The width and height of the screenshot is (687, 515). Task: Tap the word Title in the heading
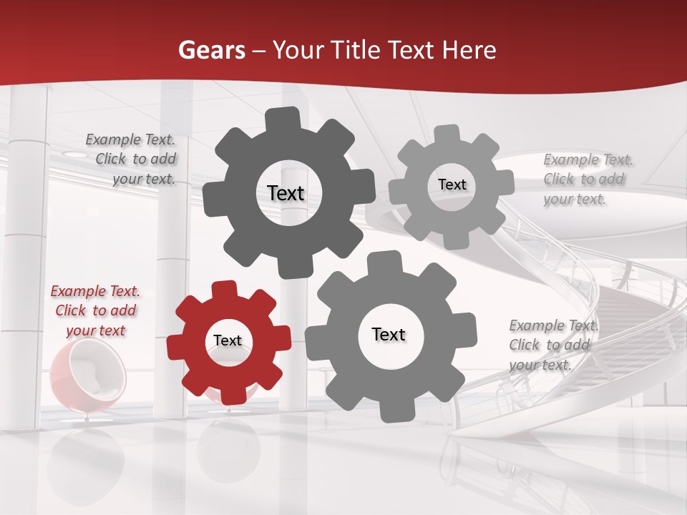coord(354,50)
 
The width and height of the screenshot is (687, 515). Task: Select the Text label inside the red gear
coord(228,341)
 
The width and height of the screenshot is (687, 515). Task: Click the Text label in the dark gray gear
coord(286,193)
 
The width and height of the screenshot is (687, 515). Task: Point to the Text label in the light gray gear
coord(452,185)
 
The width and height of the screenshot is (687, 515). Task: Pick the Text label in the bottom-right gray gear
coord(389,334)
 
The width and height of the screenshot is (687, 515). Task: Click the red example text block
coord(95,311)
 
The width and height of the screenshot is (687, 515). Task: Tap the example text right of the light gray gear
coord(588,180)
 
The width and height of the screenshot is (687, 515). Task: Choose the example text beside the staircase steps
coord(553,345)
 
